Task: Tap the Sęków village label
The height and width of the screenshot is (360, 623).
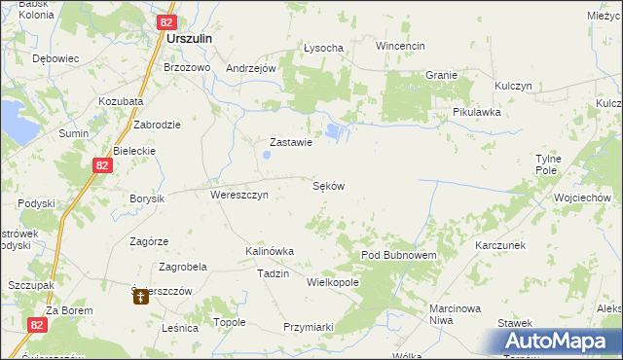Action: click(x=329, y=185)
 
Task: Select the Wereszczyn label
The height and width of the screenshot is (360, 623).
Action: click(x=239, y=194)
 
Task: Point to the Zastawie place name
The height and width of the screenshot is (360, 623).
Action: click(x=289, y=142)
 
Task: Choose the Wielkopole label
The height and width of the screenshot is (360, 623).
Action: click(x=333, y=282)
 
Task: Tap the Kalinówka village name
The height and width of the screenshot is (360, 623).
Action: click(x=270, y=251)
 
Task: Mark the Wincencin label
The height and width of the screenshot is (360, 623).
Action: click(x=401, y=46)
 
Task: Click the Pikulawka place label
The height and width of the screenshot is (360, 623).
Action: click(x=476, y=112)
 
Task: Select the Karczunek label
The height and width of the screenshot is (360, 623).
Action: click(x=501, y=245)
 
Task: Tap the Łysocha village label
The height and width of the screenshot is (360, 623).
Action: click(x=323, y=48)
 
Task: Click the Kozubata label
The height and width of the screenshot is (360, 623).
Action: click(x=121, y=101)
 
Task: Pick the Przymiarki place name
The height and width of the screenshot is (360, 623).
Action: click(x=309, y=327)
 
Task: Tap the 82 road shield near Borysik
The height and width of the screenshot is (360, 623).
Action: click(x=104, y=166)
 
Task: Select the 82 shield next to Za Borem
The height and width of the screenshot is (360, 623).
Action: click(x=37, y=325)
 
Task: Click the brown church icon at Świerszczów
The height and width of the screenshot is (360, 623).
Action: click(x=141, y=298)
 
